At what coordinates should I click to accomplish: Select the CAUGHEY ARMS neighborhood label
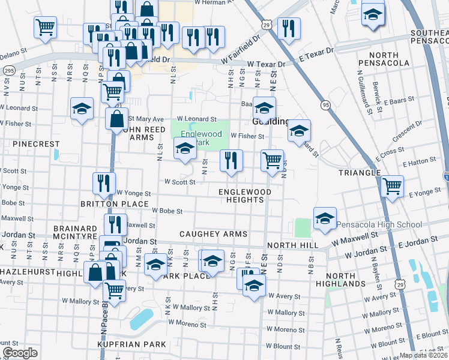209,233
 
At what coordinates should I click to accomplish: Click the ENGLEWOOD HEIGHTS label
244,196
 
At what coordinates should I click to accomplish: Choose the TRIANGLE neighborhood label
360,172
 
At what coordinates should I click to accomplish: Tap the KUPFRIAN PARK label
131,344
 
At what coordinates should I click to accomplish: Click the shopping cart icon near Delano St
45,27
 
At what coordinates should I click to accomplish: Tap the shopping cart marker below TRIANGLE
392,186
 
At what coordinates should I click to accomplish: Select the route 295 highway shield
8,70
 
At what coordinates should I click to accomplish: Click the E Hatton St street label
420,163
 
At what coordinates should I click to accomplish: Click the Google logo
20,353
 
